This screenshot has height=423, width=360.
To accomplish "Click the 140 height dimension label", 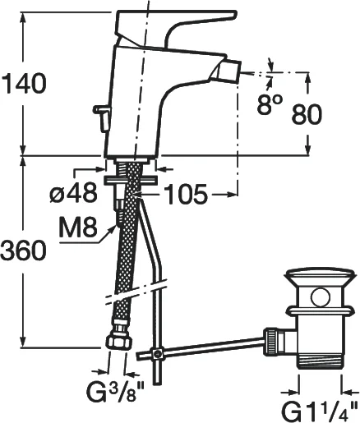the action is [x=24, y=83].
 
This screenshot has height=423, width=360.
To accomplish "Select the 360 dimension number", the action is [x=23, y=250].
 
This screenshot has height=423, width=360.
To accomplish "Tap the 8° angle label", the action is [x=269, y=104].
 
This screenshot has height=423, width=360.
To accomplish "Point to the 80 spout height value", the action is [x=307, y=114].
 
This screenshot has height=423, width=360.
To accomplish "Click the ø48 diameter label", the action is [x=74, y=192].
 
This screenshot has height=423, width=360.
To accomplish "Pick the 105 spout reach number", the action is [x=187, y=195].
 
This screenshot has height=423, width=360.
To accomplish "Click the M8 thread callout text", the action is [x=78, y=227].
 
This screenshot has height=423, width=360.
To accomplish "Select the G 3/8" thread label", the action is [x=114, y=393].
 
